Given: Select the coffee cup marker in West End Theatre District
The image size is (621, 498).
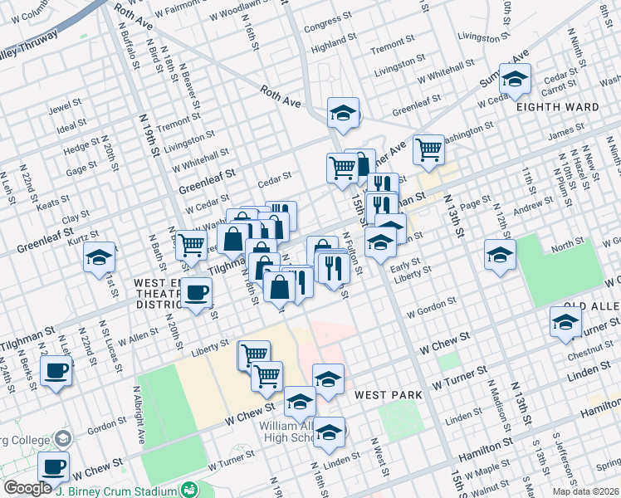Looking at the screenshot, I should (x=197, y=292).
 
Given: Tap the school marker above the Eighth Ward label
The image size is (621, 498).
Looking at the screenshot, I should (x=515, y=79).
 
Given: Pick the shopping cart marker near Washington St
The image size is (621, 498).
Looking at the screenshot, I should (x=428, y=149).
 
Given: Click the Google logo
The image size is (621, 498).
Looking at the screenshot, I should (x=27, y=488).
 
